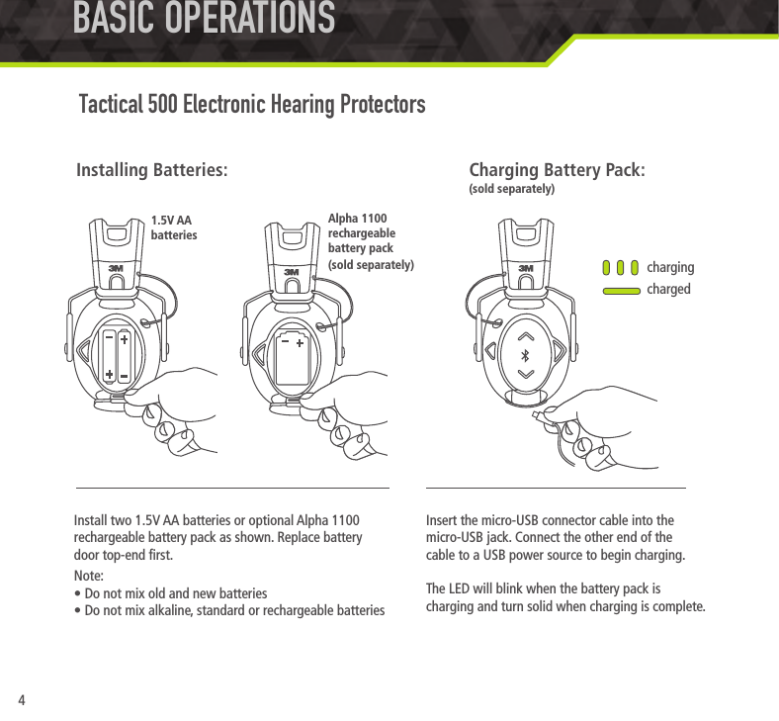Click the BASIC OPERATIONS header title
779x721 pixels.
click(203, 19)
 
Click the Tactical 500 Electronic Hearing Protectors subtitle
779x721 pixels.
click(252, 104)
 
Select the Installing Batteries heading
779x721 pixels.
click(152, 170)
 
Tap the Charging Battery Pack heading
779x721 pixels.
click(557, 170)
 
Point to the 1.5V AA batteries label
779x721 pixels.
click(174, 228)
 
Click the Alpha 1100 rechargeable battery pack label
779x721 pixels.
click(370, 241)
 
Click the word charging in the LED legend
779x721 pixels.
click(670, 268)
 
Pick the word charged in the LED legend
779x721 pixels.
click(668, 290)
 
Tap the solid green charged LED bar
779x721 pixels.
click(620, 290)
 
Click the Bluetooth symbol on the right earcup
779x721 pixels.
click(526, 355)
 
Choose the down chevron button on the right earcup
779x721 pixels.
click(526, 375)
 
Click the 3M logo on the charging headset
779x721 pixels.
click(526, 267)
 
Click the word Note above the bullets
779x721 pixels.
click(90, 577)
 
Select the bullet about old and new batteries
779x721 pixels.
click(170, 593)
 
